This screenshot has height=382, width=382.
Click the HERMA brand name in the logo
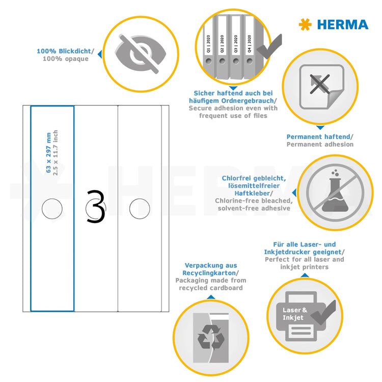[x=342, y=24]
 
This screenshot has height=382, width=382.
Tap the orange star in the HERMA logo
[x=305, y=24]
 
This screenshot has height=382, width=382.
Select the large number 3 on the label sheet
[x=95, y=207]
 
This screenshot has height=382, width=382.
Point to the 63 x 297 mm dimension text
[x=48, y=153]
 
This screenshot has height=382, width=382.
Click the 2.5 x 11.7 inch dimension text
[x=56, y=153]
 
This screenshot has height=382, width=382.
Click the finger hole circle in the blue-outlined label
[x=51, y=209]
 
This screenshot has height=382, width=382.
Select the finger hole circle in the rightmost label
[x=139, y=209]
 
